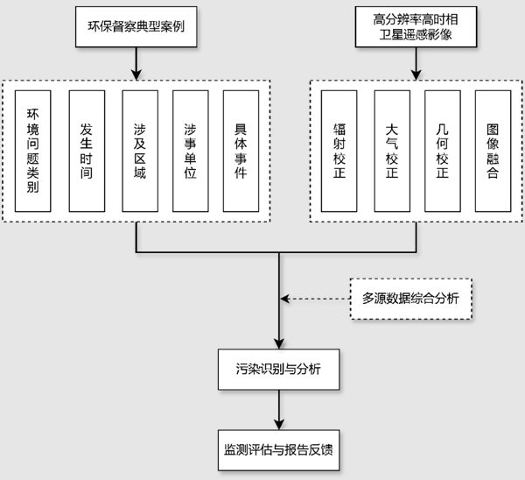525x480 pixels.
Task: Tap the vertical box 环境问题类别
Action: click(x=35, y=150)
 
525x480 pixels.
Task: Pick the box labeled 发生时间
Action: click(x=86, y=150)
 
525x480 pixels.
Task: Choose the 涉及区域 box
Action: click(x=137, y=150)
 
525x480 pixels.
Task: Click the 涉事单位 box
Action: click(x=190, y=150)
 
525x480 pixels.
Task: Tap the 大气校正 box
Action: click(x=391, y=150)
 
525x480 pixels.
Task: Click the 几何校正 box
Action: click(x=442, y=150)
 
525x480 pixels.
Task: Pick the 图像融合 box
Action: click(x=493, y=150)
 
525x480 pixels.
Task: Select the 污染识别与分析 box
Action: click(x=279, y=369)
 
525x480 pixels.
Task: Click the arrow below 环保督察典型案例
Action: click(x=136, y=63)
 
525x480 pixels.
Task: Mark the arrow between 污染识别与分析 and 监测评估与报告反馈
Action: click(x=279, y=407)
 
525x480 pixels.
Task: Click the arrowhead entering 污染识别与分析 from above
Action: click(x=279, y=344)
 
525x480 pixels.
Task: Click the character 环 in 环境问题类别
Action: click(x=35, y=114)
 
